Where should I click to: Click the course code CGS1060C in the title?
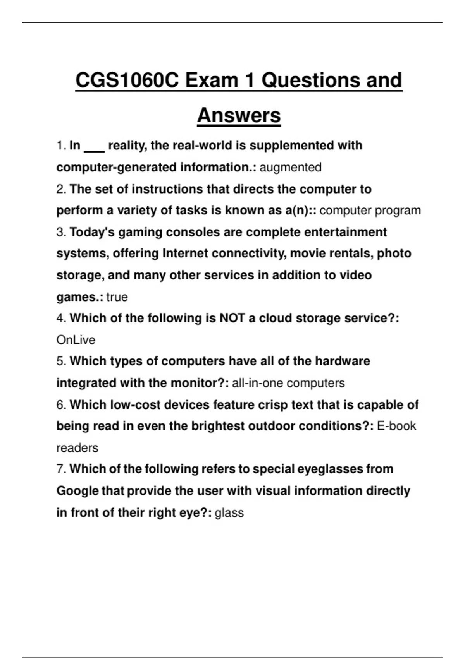[x=127, y=81]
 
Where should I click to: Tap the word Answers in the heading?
[x=239, y=115]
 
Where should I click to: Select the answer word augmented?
[x=290, y=167]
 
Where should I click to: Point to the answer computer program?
[x=370, y=210]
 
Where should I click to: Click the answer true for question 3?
[x=117, y=297]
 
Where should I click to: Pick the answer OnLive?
[x=76, y=340]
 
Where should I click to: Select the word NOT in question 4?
[x=232, y=318]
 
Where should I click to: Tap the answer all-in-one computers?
[x=288, y=383]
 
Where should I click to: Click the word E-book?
[x=396, y=426]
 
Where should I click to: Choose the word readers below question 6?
[x=77, y=448]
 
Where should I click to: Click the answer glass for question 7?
[x=229, y=512]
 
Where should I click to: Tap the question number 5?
[x=61, y=361]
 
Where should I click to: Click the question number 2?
[x=61, y=189]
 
